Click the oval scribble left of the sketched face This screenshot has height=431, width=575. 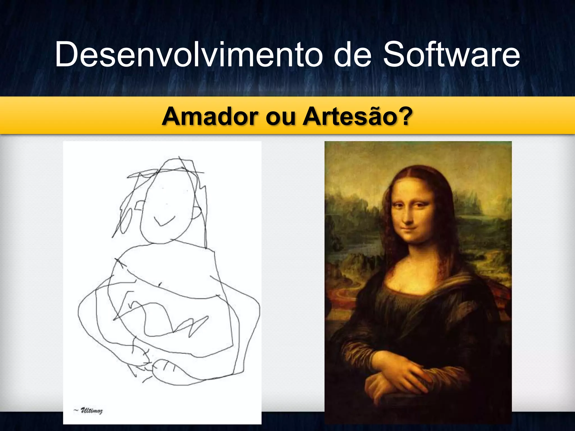126,222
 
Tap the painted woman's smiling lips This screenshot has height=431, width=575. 410,231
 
